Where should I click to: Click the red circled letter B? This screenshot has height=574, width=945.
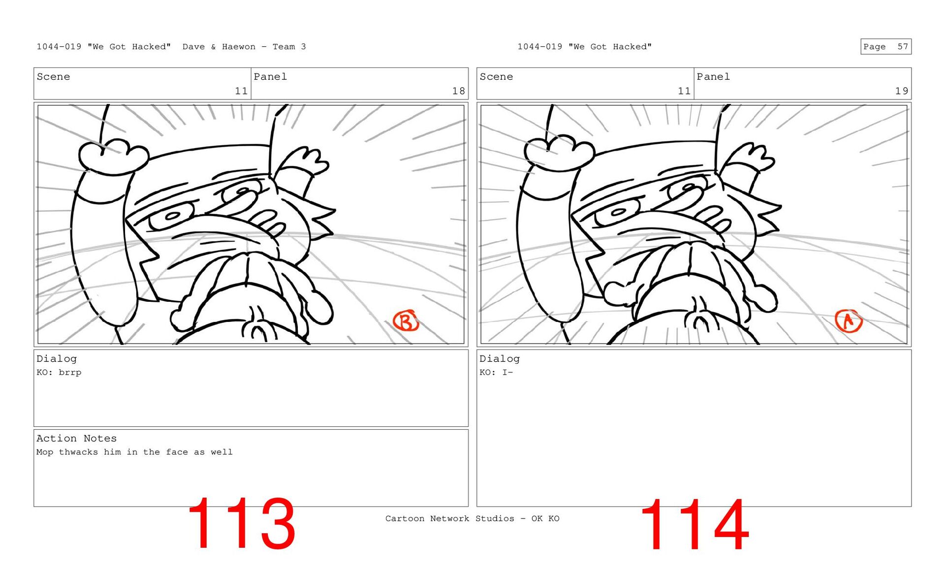pyautogui.click(x=406, y=321)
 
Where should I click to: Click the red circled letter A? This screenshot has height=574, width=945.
pyautogui.click(x=849, y=321)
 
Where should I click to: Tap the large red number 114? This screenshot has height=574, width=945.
pyautogui.click(x=694, y=525)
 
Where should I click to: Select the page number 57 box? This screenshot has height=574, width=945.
pyautogui.click(x=885, y=47)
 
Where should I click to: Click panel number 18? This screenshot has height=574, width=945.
pyautogui.click(x=458, y=91)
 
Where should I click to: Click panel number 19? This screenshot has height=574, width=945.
pyautogui.click(x=901, y=91)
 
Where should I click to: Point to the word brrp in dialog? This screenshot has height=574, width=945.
pyautogui.click(x=70, y=373)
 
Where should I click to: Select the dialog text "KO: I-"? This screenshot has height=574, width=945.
pyautogui.click(x=496, y=373)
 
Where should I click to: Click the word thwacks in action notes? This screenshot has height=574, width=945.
pyautogui.click(x=78, y=452)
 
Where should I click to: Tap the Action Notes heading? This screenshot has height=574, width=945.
pyautogui.click(x=76, y=438)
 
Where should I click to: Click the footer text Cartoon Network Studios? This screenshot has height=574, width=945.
pyautogui.click(x=449, y=518)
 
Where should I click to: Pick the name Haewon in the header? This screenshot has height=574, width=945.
pyautogui.click(x=239, y=47)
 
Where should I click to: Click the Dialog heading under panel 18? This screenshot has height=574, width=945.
pyautogui.click(x=57, y=359)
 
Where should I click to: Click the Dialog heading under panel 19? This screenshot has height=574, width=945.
pyautogui.click(x=500, y=359)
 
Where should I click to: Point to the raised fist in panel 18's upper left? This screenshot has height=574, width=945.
pyautogui.click(x=113, y=156)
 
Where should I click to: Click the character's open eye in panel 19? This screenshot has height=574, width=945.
pyautogui.click(x=617, y=213)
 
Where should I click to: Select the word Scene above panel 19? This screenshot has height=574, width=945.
pyautogui.click(x=496, y=77)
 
